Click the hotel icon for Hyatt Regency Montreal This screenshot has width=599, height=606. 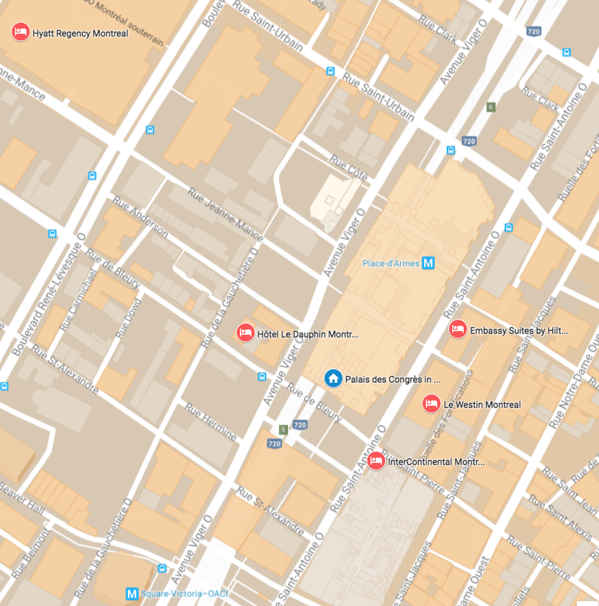pos(21,32)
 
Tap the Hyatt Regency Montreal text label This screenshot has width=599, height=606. pos(80,34)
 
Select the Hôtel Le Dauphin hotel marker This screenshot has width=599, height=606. pos(245,332)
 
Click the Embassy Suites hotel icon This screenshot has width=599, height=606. pos(458,329)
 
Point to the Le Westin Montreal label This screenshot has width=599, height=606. pos(482,404)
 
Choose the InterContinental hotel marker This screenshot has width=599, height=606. pos(376,461)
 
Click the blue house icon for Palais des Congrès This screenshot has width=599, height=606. pos(333,379)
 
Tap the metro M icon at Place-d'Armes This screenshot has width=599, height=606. pos(428,263)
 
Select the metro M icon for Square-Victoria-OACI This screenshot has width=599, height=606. pos(132,593)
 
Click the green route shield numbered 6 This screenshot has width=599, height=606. pos(491,107)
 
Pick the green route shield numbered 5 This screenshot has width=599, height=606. pos(283,430)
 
